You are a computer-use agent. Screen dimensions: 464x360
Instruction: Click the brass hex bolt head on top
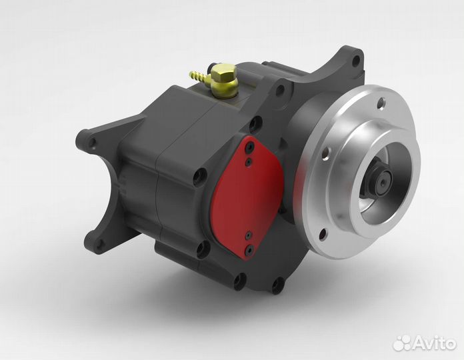point(223,72)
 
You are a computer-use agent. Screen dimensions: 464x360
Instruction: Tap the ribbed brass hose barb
point(200,76)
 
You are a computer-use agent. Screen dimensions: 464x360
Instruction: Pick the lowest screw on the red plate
point(250,250)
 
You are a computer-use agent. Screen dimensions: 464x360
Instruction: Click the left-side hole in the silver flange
point(325,155)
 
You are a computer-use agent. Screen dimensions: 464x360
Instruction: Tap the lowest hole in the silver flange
point(323,234)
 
